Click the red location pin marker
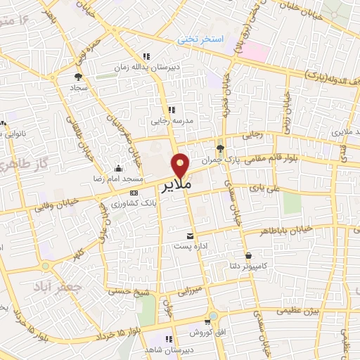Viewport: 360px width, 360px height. point(181,165)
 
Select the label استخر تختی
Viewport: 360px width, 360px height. point(220,41)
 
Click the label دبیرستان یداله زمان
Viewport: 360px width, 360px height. point(147,67)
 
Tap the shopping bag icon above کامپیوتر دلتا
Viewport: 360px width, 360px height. point(247,255)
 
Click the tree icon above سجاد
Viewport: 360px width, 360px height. point(78,77)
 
